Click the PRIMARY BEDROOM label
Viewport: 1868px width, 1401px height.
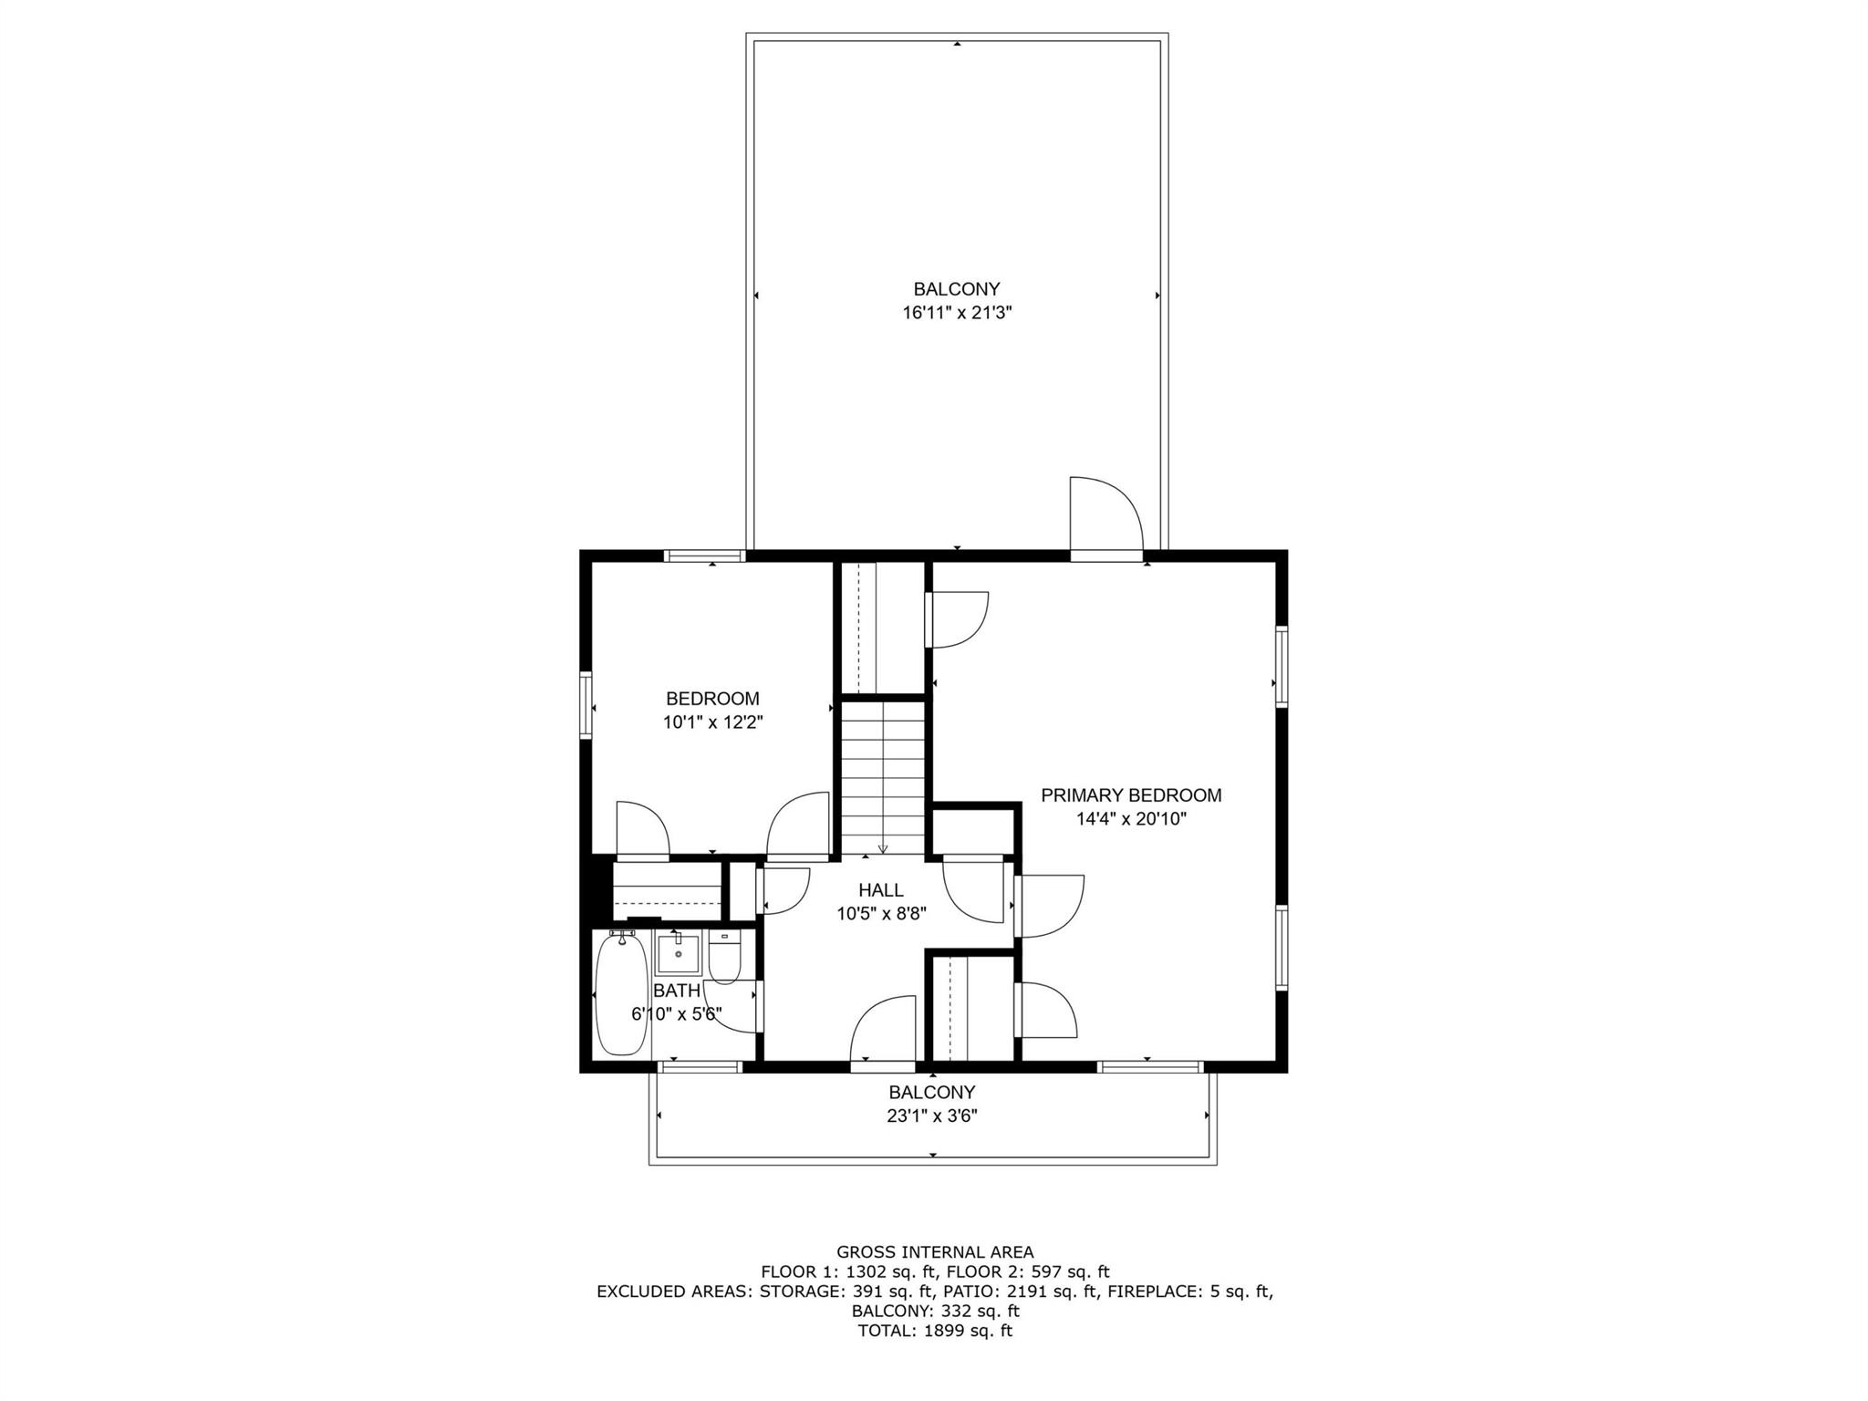click(x=1131, y=795)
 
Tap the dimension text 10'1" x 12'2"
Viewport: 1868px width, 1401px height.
click(x=712, y=722)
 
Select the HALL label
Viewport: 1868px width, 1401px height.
click(x=880, y=890)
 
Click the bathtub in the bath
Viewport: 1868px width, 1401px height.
click(x=620, y=994)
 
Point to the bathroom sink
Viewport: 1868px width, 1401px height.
click(x=677, y=953)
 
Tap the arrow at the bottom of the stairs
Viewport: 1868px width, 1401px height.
click(x=882, y=847)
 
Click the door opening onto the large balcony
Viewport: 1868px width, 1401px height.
click(x=1105, y=555)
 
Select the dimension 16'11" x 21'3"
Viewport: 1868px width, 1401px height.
click(x=957, y=313)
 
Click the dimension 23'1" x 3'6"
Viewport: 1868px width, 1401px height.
click(x=932, y=1116)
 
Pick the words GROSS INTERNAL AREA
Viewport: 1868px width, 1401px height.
click(x=935, y=1252)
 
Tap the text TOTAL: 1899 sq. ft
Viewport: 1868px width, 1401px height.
click(x=935, y=1331)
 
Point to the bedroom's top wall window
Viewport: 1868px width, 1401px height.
click(x=704, y=555)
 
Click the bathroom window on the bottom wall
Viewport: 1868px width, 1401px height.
click(x=700, y=1066)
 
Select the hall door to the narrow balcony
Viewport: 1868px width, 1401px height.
click(x=882, y=1065)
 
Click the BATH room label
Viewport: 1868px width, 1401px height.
click(x=677, y=991)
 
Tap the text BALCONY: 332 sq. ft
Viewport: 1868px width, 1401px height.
click(x=935, y=1311)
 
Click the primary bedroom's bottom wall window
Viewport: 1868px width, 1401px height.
click(x=1149, y=1066)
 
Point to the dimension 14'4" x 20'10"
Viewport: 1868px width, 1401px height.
click(x=1131, y=819)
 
